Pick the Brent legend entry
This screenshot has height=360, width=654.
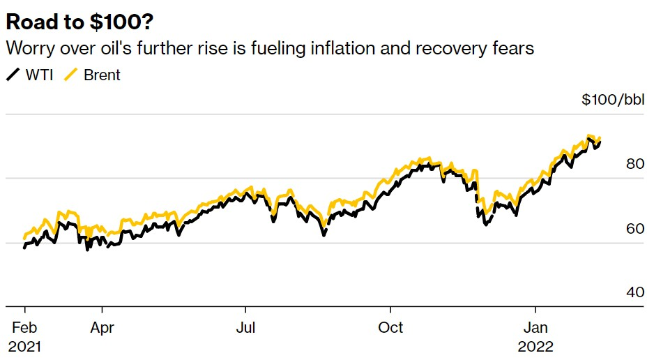coord(102,75)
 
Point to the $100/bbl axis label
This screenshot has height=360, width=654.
coord(613,100)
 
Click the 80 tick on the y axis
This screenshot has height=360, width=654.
coord(635,164)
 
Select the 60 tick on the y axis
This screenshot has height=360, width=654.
coord(635,228)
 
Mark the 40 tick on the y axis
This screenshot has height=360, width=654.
coord(635,292)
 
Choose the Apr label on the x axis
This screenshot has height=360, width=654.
coord(102,327)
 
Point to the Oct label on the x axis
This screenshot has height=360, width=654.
coord(391,327)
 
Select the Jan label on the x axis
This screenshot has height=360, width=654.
coord(535,327)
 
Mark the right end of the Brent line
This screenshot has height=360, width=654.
coord(600,138)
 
